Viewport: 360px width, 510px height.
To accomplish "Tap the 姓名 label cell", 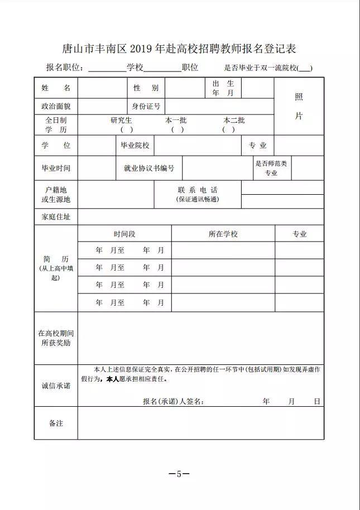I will coord(56,88).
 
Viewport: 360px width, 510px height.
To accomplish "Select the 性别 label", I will coord(146,88).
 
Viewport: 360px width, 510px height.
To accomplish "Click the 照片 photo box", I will coord(299,107).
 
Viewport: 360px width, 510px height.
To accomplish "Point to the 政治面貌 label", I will coord(56,106).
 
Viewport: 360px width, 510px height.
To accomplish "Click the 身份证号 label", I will coord(146,106).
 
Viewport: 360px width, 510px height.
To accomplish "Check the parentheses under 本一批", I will coord(177,129).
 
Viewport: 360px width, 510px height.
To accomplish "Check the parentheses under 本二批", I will coord(228,129).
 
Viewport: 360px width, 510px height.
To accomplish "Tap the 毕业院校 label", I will coord(136,146).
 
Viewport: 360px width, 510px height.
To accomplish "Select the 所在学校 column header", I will coord(223,234).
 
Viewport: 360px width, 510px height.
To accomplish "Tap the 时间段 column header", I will coord(124,234).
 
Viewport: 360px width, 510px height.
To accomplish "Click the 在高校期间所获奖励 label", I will coord(56,338).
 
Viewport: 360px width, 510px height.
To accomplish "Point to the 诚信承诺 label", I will coord(56,386).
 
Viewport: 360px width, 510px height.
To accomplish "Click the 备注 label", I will coord(56,423).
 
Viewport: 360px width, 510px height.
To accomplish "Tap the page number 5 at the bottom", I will coord(179,474).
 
